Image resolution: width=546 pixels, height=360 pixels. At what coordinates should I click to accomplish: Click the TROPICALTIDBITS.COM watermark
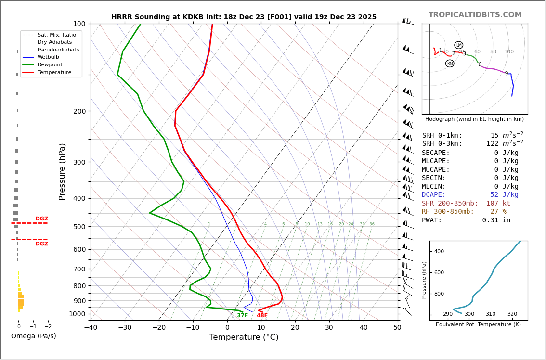coord(475,15)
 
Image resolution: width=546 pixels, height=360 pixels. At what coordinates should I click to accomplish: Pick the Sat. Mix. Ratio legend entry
coord(56,35)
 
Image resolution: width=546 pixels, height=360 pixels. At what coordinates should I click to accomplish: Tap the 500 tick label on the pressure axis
coord(79,227)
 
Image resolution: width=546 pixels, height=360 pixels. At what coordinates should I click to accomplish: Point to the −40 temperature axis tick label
coord(91,328)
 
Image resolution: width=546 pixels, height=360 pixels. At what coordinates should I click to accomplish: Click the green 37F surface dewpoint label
coord(242,316)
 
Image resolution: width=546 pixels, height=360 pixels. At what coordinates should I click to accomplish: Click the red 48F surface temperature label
coord(262,316)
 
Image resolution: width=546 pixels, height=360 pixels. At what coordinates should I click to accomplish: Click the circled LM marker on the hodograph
coord(459,45)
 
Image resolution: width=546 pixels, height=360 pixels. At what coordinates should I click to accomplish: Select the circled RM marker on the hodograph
coord(450,64)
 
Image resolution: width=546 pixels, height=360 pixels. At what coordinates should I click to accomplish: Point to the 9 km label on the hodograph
coord(506,74)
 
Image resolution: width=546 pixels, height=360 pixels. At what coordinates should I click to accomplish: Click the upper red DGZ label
coord(41,219)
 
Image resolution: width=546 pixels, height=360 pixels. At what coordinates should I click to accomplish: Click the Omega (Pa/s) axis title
coord(33,336)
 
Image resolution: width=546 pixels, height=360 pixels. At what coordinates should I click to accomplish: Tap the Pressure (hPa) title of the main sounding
coord(63,171)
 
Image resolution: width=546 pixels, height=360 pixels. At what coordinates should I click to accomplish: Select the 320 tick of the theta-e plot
coord(512,314)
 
